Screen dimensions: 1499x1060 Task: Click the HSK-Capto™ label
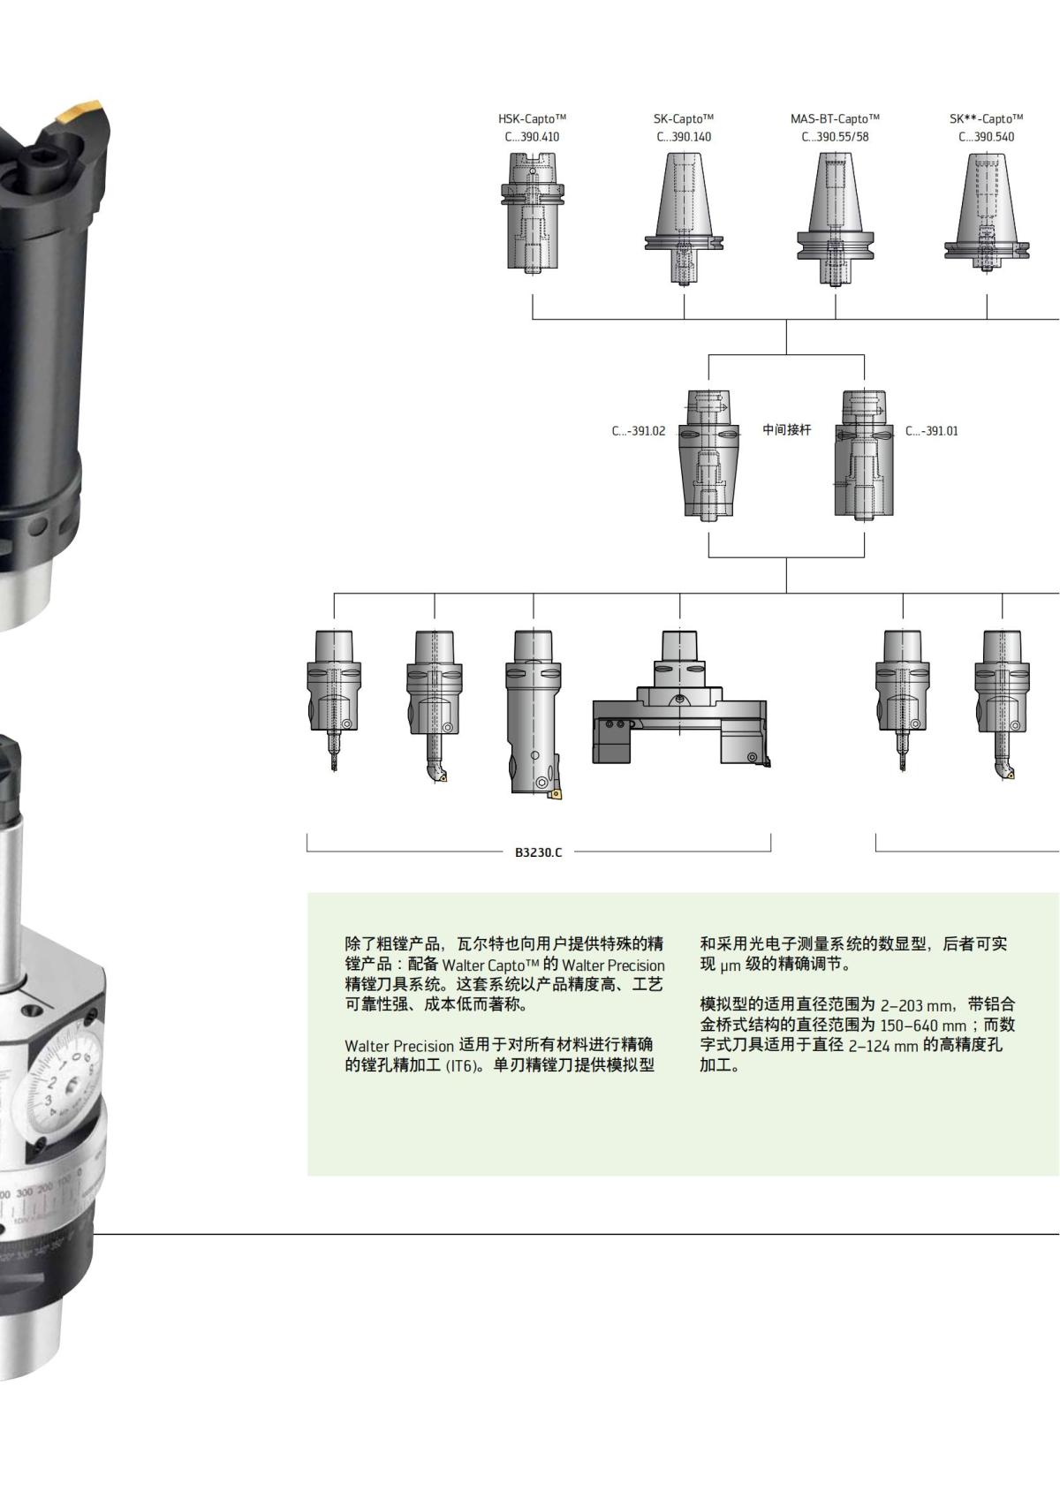point(532,118)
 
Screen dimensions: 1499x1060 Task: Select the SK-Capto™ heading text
point(684,118)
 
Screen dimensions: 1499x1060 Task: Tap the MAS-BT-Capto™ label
point(835,118)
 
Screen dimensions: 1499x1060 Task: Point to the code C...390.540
point(987,137)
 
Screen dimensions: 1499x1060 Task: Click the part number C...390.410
point(532,137)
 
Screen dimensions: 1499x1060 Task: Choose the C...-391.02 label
point(639,431)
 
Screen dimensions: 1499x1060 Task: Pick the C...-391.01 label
point(932,431)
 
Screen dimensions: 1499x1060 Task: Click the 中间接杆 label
point(786,430)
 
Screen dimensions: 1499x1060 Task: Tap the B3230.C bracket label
point(539,852)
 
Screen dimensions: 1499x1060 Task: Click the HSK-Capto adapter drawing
point(533,212)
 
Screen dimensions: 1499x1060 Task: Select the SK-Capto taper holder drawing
point(684,216)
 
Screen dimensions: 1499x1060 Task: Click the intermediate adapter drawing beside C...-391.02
point(708,454)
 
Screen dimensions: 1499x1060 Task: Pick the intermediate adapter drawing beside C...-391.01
point(864,454)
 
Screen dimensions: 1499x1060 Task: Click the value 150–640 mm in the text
point(924,1026)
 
